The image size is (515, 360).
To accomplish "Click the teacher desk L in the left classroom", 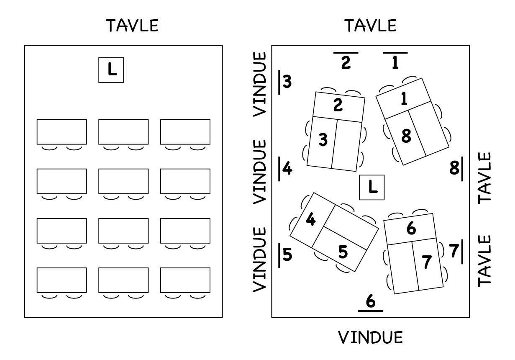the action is (111, 70).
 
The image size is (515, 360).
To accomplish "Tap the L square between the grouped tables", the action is (372, 187).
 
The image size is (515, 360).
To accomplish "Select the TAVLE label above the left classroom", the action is (133, 26).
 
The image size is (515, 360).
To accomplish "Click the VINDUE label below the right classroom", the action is (370, 337).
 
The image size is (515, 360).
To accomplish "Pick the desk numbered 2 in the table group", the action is (338, 105).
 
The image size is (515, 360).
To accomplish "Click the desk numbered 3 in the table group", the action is (321, 141).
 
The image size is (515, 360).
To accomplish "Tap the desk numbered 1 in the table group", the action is (403, 99).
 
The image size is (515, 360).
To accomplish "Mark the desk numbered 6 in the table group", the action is (410, 229).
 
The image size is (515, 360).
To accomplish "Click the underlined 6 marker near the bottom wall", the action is (371, 302).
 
